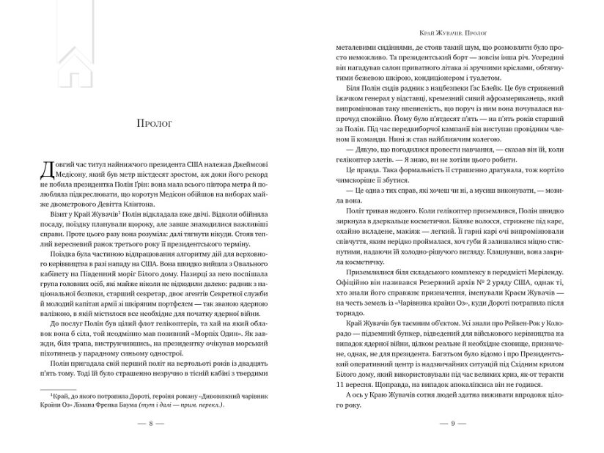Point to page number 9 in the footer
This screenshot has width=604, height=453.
coord(453,424)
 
